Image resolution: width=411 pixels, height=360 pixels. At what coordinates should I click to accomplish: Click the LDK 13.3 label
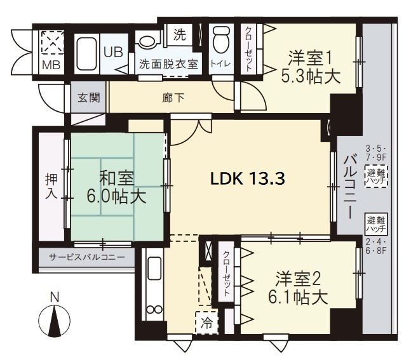click(248, 179)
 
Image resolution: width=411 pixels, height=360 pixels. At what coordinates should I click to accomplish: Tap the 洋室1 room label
click(310, 58)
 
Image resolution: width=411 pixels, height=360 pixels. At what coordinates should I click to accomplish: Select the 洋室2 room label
click(299, 279)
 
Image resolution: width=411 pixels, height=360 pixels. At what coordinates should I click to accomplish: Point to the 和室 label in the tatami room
click(116, 178)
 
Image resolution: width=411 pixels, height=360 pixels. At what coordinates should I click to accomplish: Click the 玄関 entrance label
click(89, 98)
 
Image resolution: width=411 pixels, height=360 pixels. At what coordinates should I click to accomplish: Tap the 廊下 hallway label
click(173, 98)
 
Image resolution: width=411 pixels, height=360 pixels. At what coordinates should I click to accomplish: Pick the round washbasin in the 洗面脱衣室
click(147, 41)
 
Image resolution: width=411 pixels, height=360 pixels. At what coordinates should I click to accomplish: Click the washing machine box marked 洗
click(180, 34)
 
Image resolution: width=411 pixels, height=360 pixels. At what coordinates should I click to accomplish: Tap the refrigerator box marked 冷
click(207, 323)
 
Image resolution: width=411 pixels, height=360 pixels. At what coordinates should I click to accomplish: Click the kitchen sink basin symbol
click(154, 269)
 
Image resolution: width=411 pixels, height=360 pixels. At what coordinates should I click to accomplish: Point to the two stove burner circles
click(154, 309)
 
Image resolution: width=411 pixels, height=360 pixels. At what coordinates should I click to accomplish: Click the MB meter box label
click(51, 65)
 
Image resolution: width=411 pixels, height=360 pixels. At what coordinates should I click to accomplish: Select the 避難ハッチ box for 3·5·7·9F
click(376, 177)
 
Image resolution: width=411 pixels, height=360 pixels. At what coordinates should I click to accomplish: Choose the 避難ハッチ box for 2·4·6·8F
click(376, 224)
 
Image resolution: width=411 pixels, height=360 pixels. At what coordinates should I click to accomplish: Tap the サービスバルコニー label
click(87, 257)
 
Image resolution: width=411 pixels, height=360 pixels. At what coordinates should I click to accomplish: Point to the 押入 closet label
click(51, 186)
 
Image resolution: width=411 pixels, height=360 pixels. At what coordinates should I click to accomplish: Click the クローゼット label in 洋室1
click(248, 49)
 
